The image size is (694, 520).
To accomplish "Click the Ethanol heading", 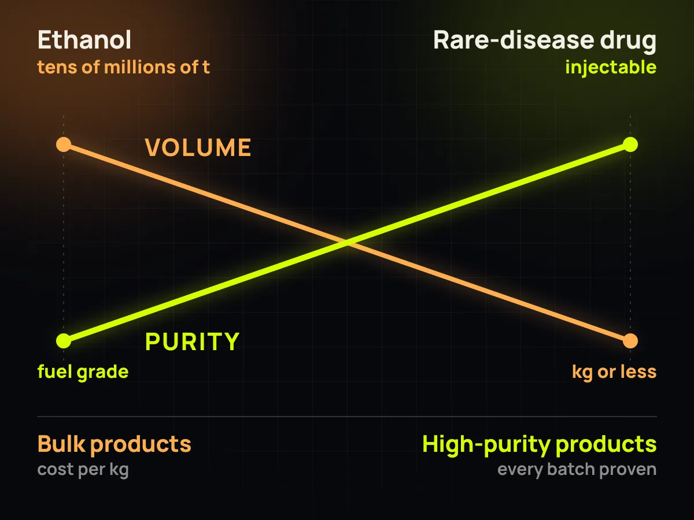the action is tap(84, 40).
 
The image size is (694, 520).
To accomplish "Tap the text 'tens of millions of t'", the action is tap(123, 67).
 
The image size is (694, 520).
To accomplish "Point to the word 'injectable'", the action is tap(611, 68).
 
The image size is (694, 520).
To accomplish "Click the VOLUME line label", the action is tap(198, 147).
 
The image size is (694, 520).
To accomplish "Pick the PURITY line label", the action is tap(192, 341).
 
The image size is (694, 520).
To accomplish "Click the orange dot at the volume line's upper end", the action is tap(64, 144).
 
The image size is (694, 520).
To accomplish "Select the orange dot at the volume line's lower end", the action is tap(630, 341).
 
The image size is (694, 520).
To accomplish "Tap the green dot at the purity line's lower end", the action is tap(64, 341).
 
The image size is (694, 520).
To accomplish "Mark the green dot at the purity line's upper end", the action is tap(630, 144).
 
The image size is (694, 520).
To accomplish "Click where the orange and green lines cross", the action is tap(347, 243).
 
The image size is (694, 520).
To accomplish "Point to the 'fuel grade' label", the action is tap(83, 372).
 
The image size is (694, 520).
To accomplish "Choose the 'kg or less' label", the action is tap(614, 372).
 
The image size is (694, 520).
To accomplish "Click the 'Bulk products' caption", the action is tap(114, 444).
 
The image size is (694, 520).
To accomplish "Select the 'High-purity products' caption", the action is tap(540, 444).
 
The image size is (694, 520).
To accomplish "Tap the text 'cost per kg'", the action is tap(83, 470).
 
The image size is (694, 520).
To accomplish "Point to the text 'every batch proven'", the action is tap(577, 470).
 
